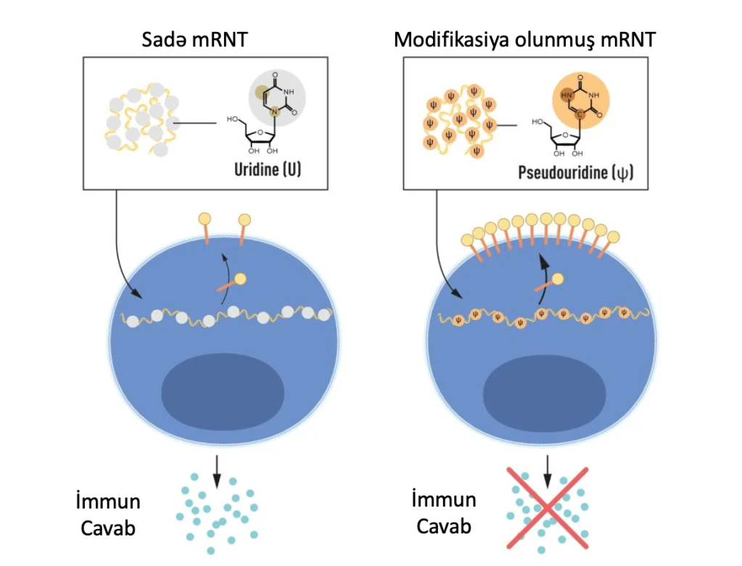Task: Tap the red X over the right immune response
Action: click(547, 507)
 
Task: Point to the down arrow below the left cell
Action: click(216, 472)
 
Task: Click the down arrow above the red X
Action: click(548, 472)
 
